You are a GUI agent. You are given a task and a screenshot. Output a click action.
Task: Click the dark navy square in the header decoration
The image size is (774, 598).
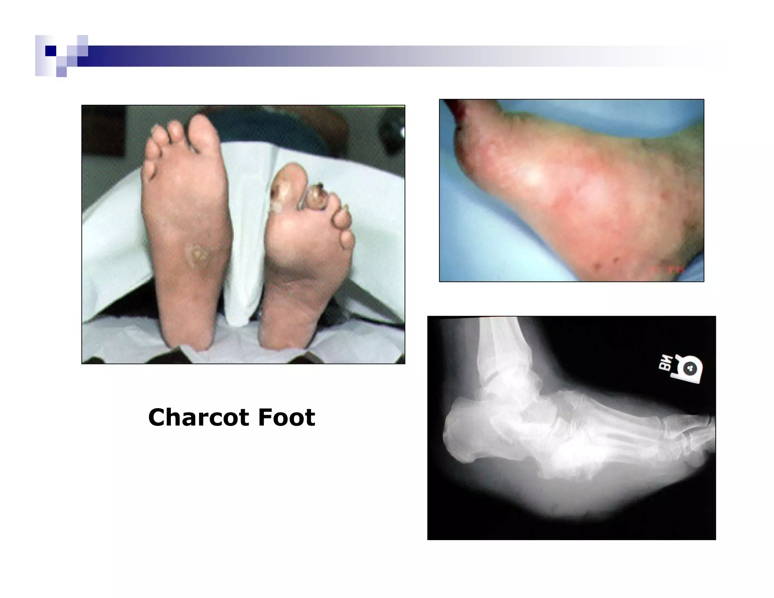tap(51, 51)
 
